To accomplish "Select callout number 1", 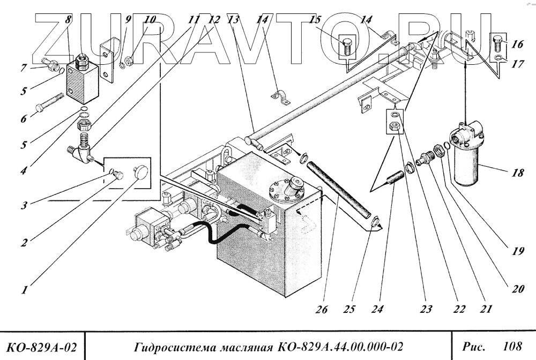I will point(25,290).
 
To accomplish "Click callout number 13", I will point(233,20).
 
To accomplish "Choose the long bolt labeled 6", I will point(50,103).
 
